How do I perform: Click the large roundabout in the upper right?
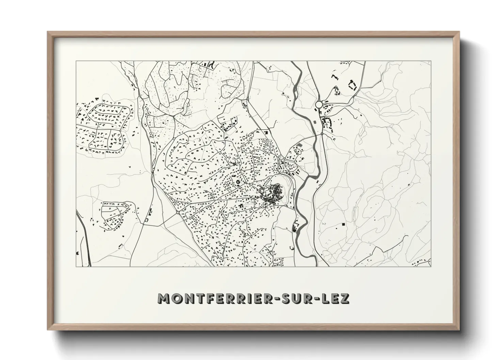tap(319, 104)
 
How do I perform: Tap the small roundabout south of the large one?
tap(322, 134)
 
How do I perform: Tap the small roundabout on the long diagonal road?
tap(178, 212)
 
